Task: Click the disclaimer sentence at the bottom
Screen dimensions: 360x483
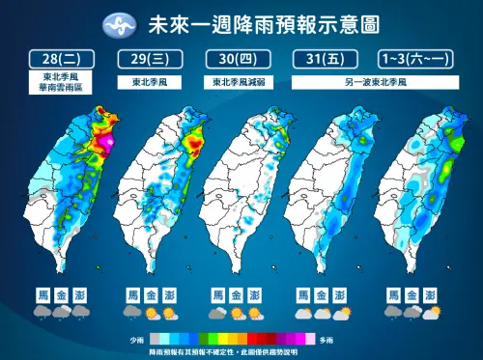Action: pos(242,352)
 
